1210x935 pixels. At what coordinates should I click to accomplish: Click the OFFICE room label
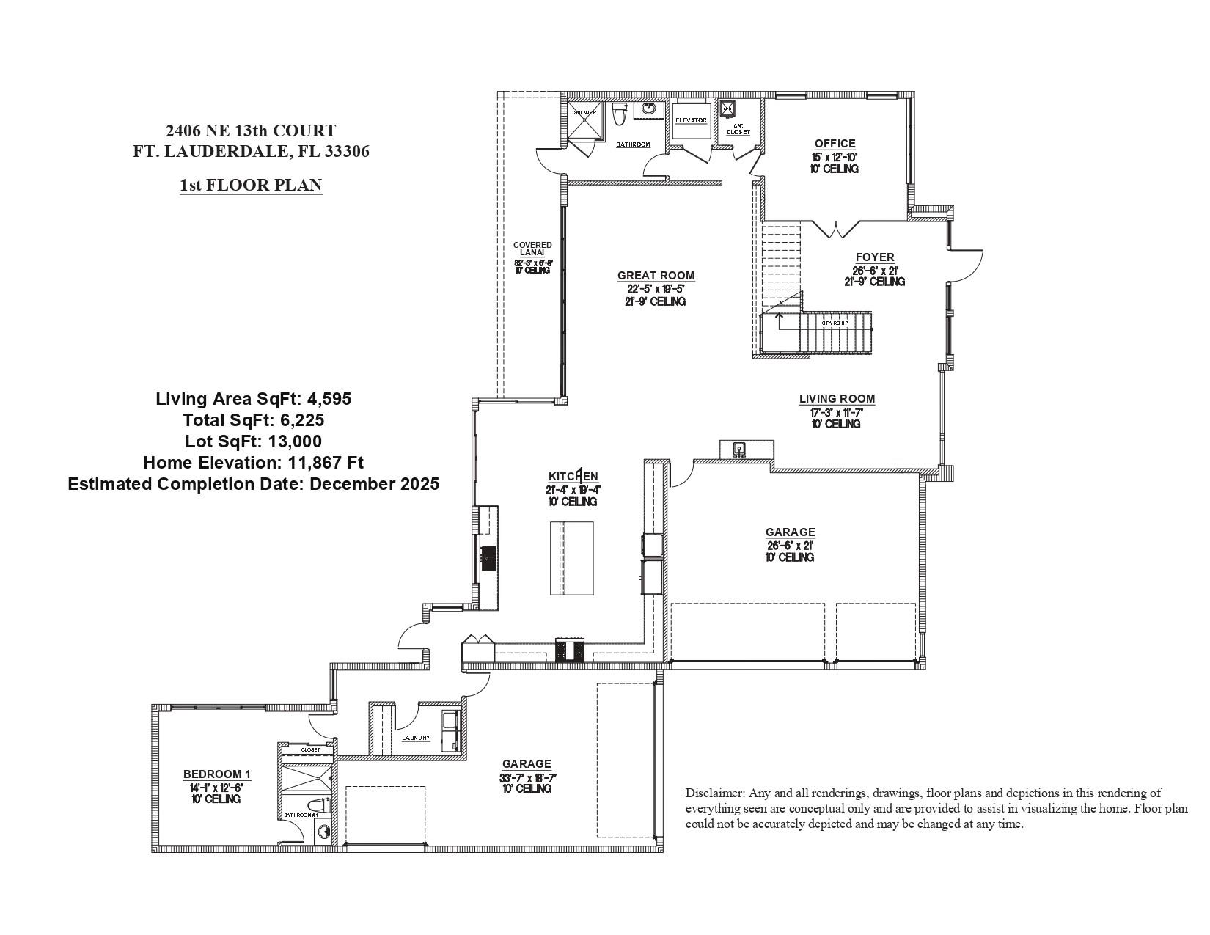click(x=835, y=144)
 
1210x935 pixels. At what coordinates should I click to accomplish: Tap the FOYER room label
click(x=875, y=257)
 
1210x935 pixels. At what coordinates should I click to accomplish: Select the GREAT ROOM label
click(x=656, y=276)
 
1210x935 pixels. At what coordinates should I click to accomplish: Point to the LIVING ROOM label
click(x=837, y=399)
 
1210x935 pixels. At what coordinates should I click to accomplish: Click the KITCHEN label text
click(x=573, y=477)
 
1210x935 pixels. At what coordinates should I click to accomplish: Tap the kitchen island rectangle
click(x=572, y=559)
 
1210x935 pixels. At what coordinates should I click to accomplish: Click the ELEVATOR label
click(x=691, y=120)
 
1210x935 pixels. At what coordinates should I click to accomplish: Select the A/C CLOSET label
click(x=738, y=130)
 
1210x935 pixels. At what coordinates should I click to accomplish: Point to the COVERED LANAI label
click(x=532, y=249)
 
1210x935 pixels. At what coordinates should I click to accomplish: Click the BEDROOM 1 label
click(x=216, y=774)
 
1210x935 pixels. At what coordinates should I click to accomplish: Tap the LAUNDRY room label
click(x=416, y=738)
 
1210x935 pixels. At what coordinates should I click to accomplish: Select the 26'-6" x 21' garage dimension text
click(x=790, y=546)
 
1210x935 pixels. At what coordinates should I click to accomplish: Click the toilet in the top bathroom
click(x=620, y=114)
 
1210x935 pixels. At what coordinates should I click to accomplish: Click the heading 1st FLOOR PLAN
click(x=251, y=185)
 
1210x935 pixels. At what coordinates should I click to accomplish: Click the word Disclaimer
click(x=715, y=793)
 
